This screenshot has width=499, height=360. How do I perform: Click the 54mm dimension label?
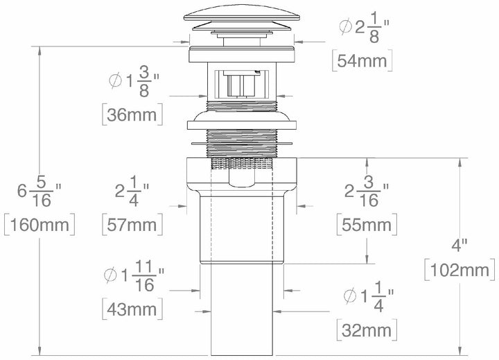pyautogui.click(x=362, y=60)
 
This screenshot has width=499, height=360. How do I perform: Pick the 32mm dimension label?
pyautogui.click(x=366, y=328)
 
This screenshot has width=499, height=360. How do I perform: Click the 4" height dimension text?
pyautogui.click(x=459, y=244)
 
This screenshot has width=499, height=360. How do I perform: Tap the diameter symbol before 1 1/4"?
pyautogui.click(x=350, y=297)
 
